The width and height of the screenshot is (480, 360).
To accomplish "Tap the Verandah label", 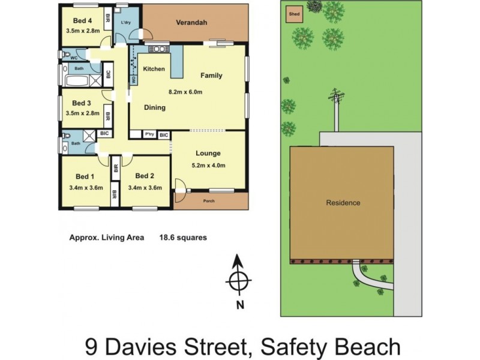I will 191,23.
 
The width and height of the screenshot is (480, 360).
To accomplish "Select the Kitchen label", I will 154,69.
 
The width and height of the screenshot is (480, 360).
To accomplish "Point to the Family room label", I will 211,76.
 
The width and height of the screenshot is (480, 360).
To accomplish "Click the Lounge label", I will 208,153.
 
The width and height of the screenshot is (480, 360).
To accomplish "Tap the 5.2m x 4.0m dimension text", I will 208,165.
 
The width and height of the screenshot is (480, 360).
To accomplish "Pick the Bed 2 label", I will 145,176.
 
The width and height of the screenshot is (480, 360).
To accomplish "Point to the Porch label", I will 209,201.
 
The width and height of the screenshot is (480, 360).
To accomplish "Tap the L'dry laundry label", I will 126,23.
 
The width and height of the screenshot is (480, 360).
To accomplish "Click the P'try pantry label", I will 149,136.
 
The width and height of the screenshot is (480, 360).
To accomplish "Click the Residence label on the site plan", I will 343,203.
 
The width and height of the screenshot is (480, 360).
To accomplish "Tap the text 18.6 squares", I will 183,238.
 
